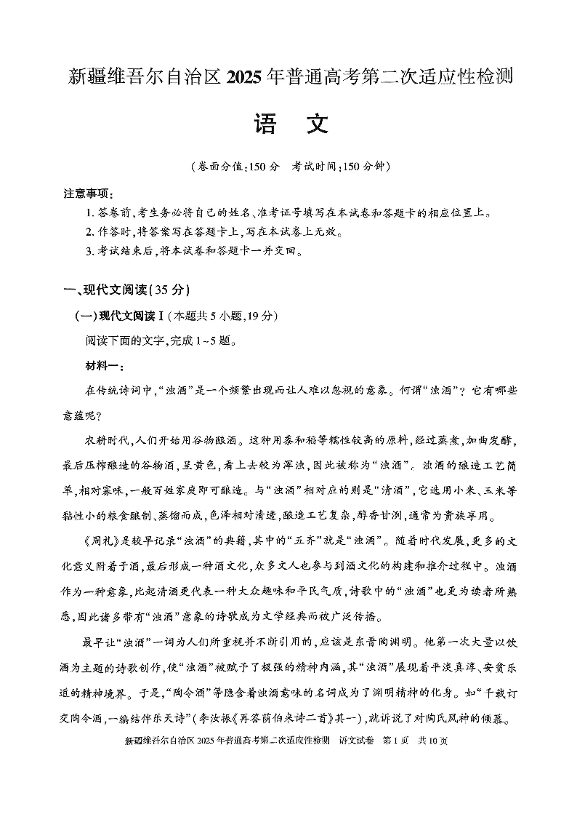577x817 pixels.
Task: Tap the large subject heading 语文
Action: (x=288, y=124)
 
